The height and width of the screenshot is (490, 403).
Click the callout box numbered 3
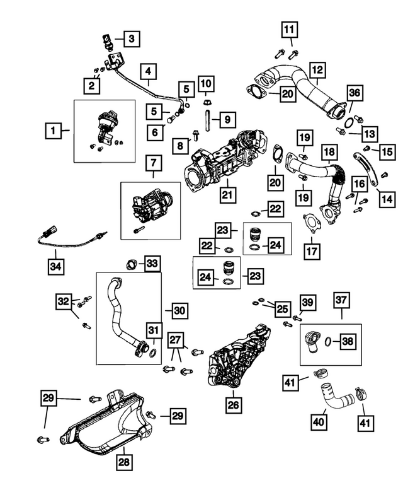[x=132, y=38]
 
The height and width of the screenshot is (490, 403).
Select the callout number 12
[x=317, y=70]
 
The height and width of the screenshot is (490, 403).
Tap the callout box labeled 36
[x=355, y=93]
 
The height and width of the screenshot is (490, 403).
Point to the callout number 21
[x=227, y=195]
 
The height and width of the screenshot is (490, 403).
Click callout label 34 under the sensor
[x=56, y=267]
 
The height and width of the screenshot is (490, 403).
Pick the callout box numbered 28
[x=124, y=462]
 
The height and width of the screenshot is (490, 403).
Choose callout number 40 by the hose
[x=319, y=422]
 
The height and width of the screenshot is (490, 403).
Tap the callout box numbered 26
[x=234, y=405]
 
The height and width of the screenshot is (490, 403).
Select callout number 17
[x=312, y=251]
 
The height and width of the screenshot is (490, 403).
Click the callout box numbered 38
[x=348, y=341]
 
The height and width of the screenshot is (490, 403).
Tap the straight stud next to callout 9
[x=207, y=120]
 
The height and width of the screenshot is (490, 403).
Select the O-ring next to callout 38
[x=327, y=341]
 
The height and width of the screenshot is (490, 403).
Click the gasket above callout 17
[x=311, y=223]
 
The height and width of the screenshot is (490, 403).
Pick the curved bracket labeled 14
[x=366, y=169]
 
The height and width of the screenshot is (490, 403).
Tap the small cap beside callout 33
[x=132, y=264]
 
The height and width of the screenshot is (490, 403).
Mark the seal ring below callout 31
[x=154, y=354]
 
